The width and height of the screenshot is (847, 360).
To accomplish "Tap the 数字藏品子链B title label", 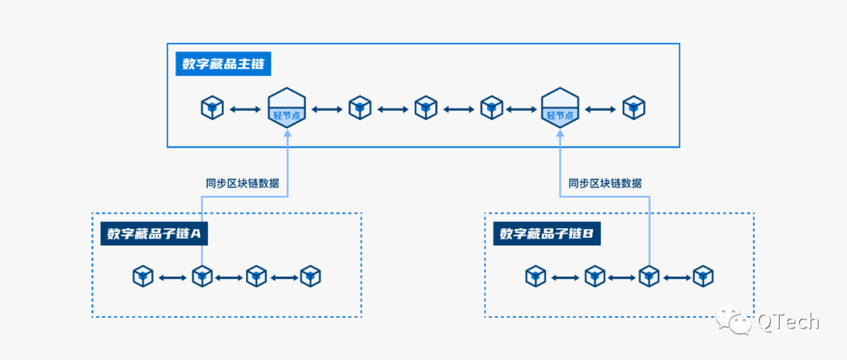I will (x=547, y=234).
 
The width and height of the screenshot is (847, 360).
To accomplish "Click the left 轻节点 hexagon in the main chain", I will (x=286, y=107).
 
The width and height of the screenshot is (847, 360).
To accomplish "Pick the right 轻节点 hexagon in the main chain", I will (x=560, y=107).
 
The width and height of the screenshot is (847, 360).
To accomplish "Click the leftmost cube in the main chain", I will (x=213, y=107).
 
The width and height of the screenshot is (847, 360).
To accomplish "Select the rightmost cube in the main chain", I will (x=634, y=107).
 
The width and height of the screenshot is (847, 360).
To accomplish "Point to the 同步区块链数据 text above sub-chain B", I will (x=605, y=183).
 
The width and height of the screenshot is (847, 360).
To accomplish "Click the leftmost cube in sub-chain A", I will (x=143, y=276).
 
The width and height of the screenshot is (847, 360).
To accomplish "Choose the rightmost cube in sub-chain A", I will (x=311, y=276).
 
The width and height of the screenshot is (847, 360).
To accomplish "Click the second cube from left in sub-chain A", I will (x=202, y=276).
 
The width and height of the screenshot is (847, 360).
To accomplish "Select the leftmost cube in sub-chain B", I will (x=536, y=276).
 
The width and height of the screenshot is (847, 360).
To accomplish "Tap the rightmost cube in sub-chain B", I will (x=703, y=276).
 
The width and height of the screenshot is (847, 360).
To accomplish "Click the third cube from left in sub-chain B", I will (x=649, y=276).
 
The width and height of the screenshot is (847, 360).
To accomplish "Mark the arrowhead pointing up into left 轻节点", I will (x=286, y=135).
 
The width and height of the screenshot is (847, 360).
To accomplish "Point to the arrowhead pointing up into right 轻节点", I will (x=560, y=135).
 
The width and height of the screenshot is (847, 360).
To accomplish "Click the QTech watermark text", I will (x=787, y=321).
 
